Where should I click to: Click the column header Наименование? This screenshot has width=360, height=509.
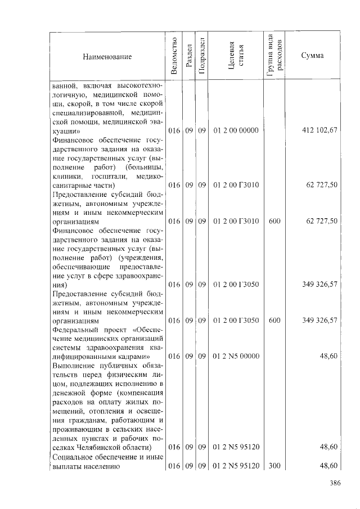107,57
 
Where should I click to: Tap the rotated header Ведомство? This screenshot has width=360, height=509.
174,56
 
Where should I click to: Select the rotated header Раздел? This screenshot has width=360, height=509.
189,57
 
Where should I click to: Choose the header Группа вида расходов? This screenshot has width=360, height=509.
275,56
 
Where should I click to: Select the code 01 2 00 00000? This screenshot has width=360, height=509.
236,130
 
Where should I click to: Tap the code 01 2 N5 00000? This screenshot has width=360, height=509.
236,356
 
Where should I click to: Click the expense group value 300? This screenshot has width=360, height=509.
274,466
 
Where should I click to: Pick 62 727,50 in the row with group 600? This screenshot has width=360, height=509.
322,221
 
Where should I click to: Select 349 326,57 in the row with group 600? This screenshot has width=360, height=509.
320,320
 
